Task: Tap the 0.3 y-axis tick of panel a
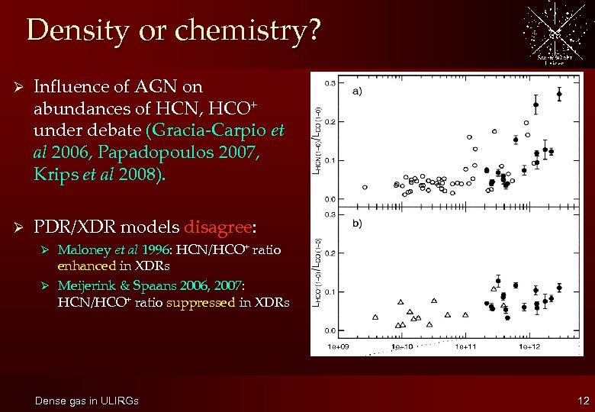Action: tap(330, 82)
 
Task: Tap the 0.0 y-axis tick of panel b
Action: tap(330, 330)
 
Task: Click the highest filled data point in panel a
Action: tap(559, 95)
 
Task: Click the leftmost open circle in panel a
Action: tap(365, 187)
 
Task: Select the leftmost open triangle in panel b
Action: tap(375, 317)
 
